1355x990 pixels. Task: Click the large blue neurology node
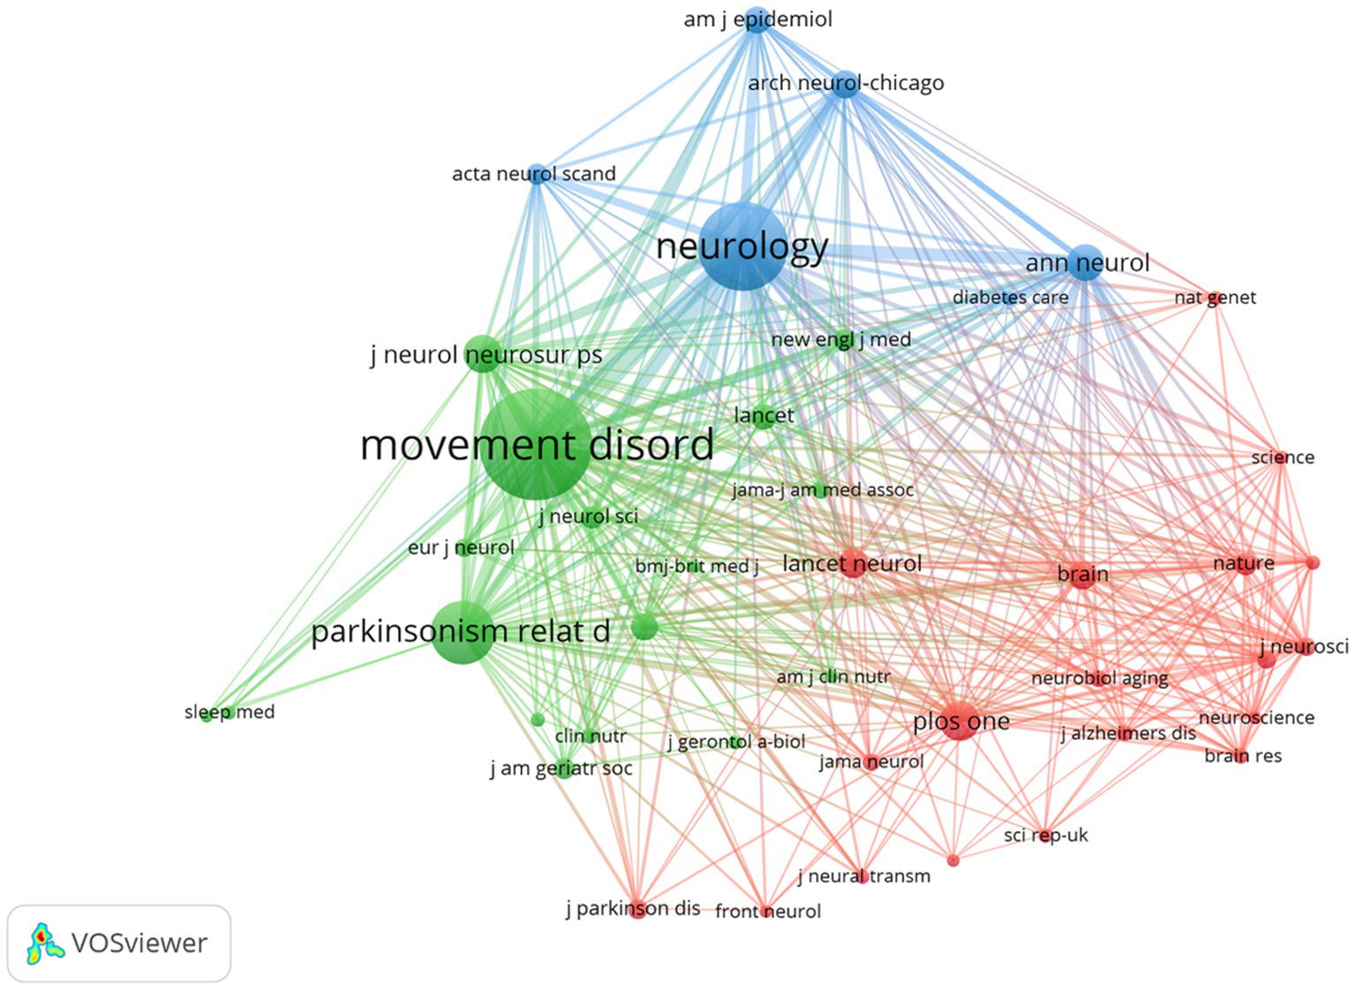point(742,246)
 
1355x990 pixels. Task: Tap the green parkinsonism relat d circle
point(463,631)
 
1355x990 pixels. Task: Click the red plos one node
point(960,722)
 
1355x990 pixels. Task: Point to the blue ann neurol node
point(1086,263)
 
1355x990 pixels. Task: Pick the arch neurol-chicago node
point(845,84)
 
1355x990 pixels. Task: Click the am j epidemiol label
point(757,19)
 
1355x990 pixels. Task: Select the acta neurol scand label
point(533,174)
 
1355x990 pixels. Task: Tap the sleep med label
point(230,712)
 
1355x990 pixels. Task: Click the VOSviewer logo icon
point(45,943)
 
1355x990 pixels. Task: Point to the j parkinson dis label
point(633,908)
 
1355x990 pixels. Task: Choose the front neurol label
point(767,911)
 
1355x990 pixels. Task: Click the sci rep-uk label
point(1045,835)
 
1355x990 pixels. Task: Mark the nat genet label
point(1215,299)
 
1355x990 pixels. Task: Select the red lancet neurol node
point(853,563)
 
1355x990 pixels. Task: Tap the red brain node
point(1083,575)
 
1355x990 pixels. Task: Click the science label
point(1282,457)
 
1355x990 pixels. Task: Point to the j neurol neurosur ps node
point(482,354)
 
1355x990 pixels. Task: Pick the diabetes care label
point(1010,298)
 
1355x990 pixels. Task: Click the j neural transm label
point(863,876)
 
